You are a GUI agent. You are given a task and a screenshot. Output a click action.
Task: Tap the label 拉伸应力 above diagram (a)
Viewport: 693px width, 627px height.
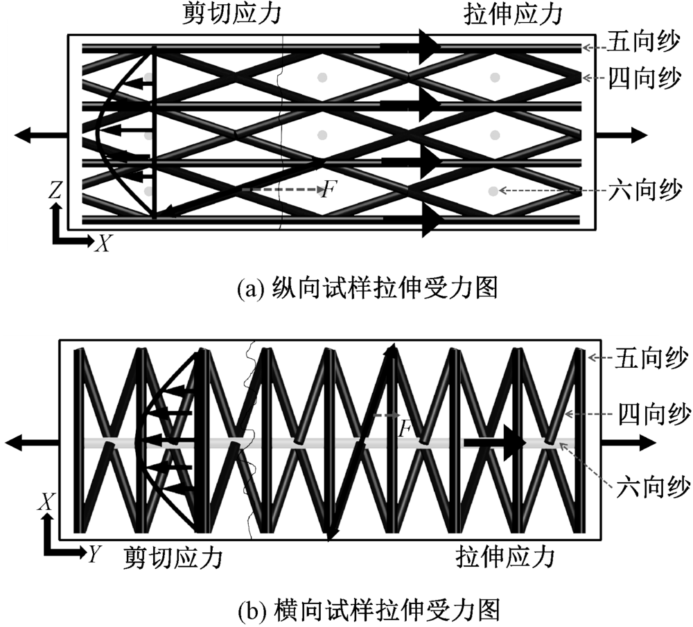coord(512,15)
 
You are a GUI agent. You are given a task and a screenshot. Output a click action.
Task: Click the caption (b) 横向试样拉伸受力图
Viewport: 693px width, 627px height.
coord(368,609)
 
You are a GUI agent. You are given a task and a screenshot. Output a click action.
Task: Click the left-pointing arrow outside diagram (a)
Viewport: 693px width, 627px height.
coord(38,135)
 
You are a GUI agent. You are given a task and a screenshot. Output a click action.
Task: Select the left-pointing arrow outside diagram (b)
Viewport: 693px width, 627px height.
coord(30,441)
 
